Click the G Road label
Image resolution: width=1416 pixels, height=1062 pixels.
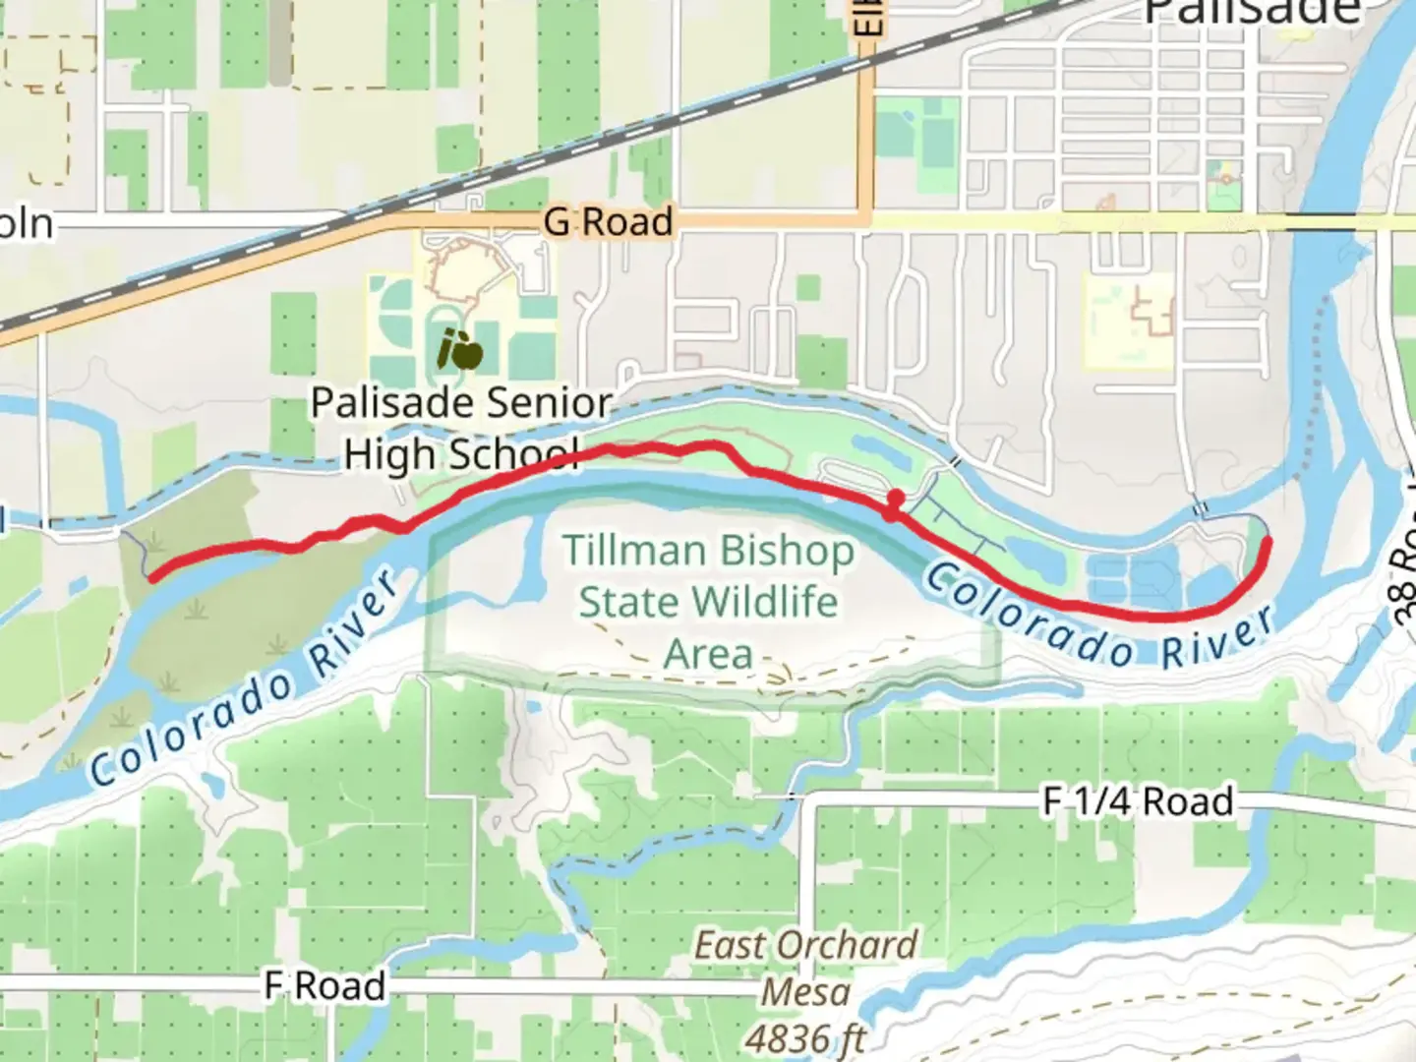(608, 221)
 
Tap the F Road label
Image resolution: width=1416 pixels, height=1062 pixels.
(324, 985)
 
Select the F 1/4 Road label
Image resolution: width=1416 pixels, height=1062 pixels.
(1138, 801)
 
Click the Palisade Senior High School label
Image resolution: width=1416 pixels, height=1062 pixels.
(461, 429)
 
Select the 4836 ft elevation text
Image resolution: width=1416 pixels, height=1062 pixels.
(805, 1037)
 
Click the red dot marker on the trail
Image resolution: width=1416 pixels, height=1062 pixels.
(894, 500)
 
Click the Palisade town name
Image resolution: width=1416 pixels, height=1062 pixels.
(1252, 12)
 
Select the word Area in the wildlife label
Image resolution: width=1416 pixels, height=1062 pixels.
(708, 653)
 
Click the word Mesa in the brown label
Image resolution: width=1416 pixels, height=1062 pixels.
(805, 992)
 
